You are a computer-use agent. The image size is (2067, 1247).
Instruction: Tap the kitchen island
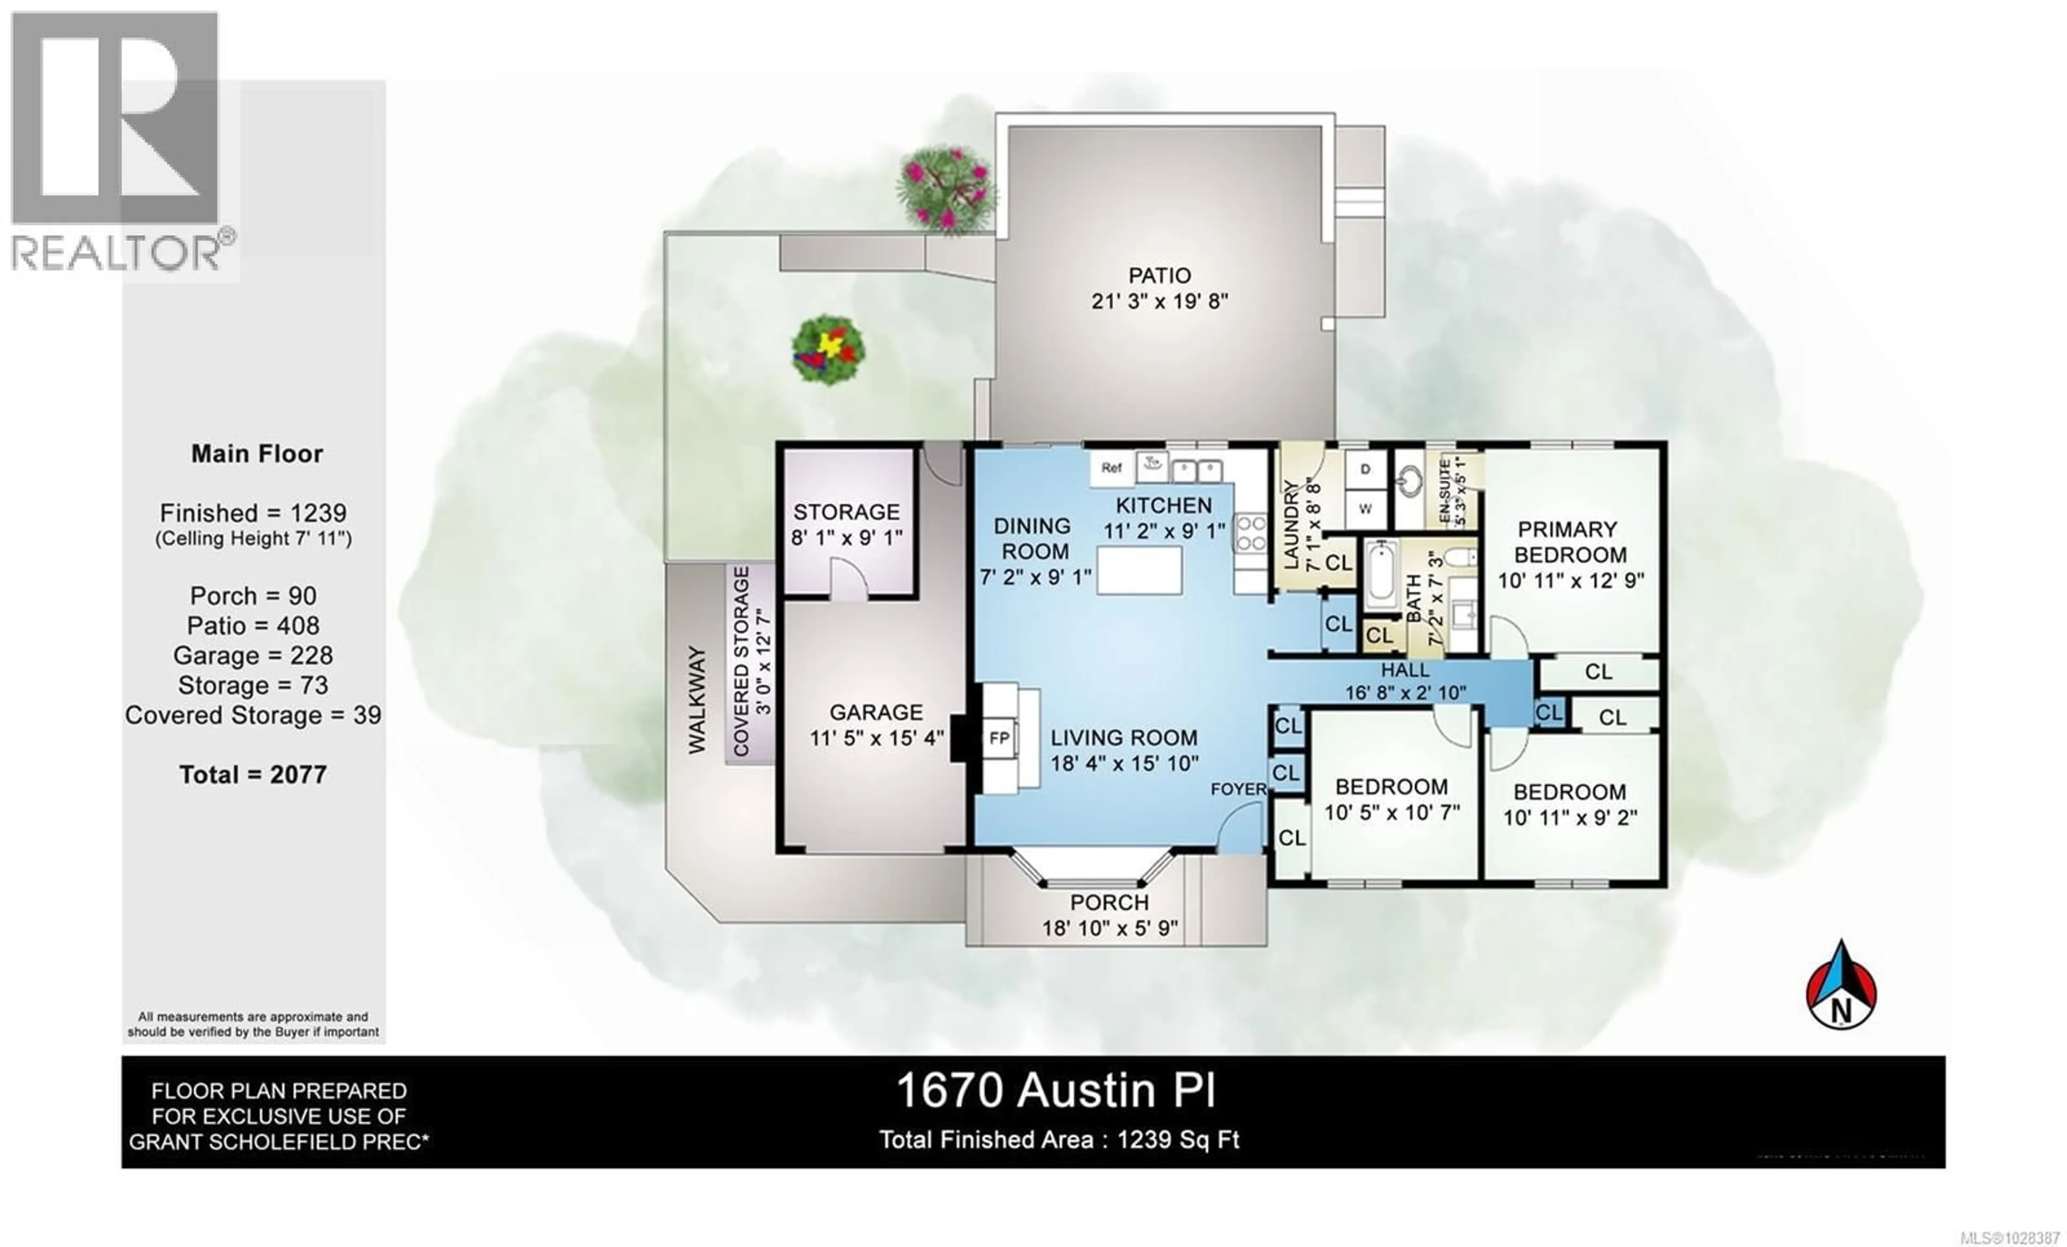(x=1139, y=570)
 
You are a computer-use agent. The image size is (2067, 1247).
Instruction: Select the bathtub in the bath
(x=1380, y=576)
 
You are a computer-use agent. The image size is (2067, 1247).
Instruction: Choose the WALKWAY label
(x=697, y=700)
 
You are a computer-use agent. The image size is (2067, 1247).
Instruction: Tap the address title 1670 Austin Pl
(x=1056, y=1091)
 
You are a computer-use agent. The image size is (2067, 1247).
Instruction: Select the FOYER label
(x=1238, y=790)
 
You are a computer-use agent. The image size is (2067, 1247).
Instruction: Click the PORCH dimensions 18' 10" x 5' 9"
(x=1110, y=928)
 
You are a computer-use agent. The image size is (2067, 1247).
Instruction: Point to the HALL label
(x=1404, y=670)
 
